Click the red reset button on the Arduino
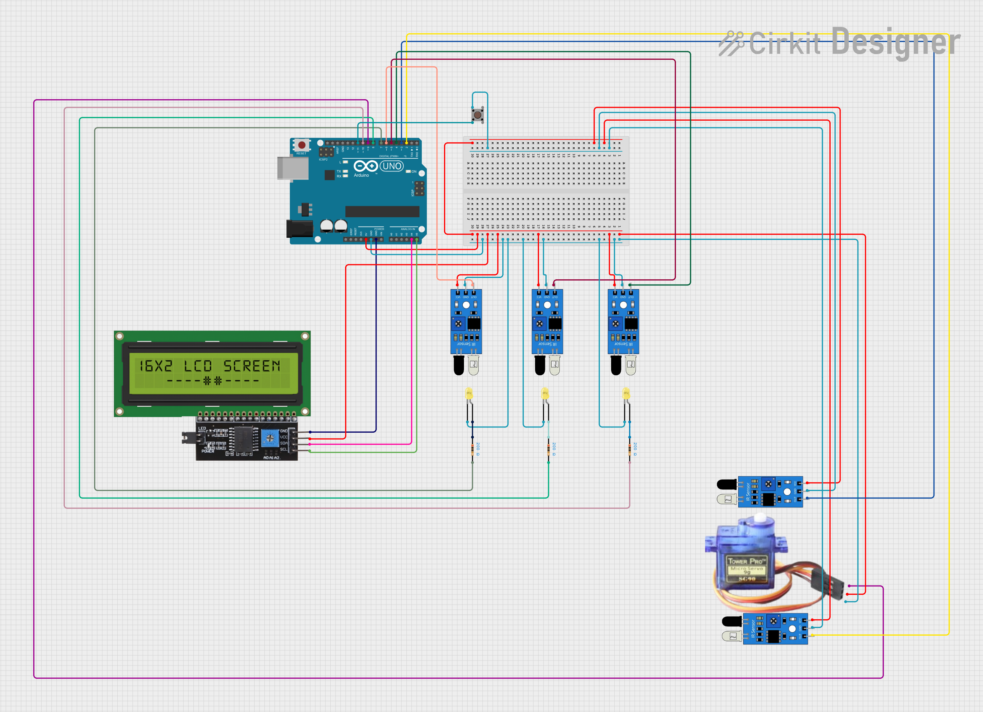(302, 145)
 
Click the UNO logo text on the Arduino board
(392, 166)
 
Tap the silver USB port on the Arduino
(293, 168)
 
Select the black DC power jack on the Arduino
(299, 228)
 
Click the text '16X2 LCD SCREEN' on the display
(209, 366)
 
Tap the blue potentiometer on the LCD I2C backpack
(270, 438)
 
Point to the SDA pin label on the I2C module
(283, 443)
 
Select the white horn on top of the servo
(761, 518)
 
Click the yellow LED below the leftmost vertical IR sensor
(469, 394)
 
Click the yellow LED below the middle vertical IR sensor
(545, 394)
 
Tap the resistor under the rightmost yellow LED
(630, 449)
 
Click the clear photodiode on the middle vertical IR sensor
(555, 366)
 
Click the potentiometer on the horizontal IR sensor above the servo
(768, 484)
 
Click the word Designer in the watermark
(896, 42)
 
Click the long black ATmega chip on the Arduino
(382, 211)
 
